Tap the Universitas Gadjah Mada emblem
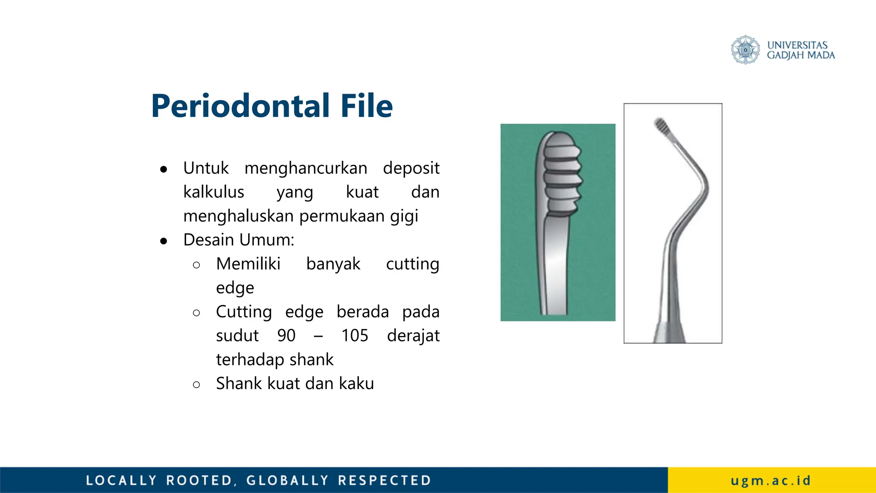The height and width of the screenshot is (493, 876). [x=745, y=50]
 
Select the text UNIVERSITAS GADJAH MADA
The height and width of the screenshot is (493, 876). [x=800, y=50]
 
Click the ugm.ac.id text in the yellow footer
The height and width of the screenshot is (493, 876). [x=771, y=480]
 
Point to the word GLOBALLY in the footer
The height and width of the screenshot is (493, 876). [x=287, y=480]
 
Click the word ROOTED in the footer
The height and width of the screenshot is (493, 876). [x=199, y=480]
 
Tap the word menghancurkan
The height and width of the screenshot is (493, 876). [x=306, y=168]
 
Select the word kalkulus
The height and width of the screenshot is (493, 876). [x=213, y=192]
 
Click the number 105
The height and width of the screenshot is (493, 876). [x=355, y=336]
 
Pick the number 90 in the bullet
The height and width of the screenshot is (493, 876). [x=286, y=336]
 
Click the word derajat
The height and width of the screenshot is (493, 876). [x=413, y=336]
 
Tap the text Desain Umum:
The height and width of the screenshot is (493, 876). [x=239, y=240]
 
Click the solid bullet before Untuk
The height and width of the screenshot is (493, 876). [x=163, y=170]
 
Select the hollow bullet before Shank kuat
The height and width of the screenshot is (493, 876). [x=196, y=385]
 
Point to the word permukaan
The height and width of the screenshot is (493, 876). [x=342, y=216]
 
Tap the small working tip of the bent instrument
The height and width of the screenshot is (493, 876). [x=661, y=125]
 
